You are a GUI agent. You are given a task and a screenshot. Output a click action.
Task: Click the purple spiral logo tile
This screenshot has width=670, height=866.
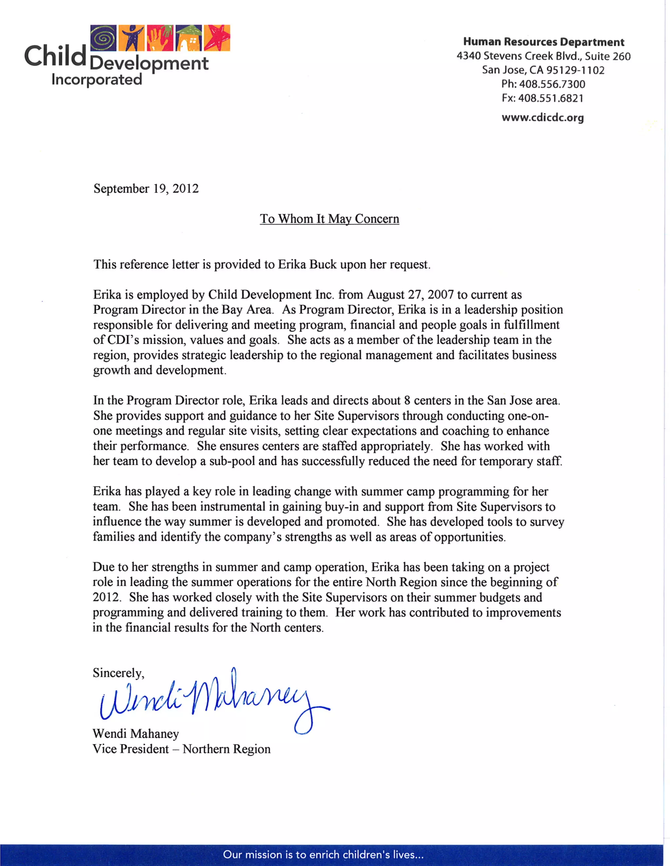tap(103, 38)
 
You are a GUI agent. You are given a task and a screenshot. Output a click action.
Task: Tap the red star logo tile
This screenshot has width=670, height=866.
tap(217, 38)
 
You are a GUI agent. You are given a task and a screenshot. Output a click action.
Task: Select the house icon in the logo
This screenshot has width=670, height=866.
tap(189, 38)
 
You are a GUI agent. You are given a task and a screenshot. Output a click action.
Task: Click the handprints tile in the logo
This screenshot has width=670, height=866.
tap(160, 38)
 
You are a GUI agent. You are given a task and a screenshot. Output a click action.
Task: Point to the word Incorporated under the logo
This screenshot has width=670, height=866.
tap(97, 80)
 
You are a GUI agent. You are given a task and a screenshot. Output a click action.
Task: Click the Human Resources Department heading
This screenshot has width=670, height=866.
tap(543, 42)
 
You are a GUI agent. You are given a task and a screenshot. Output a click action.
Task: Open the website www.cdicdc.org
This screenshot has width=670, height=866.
tap(543, 118)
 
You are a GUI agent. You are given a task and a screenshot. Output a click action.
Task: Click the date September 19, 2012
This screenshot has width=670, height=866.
tap(146, 188)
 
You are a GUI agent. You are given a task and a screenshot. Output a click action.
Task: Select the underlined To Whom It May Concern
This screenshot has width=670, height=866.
tap(329, 219)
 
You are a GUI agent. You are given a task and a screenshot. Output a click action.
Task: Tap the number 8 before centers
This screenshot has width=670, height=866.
tap(407, 401)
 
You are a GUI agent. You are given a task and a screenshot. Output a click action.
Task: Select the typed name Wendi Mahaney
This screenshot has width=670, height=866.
tap(136, 734)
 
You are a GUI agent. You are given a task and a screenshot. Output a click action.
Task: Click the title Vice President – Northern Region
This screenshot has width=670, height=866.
tap(181, 749)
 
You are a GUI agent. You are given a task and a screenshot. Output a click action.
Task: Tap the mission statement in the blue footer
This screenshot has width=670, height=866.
tap(323, 855)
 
